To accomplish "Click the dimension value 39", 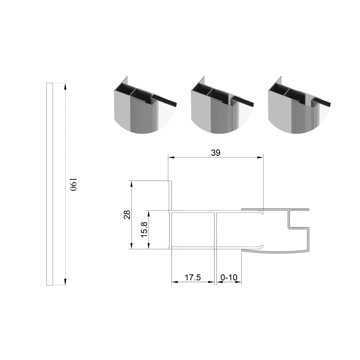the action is [x=216, y=153].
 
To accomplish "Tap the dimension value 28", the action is [x=127, y=215].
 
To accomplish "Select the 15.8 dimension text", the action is [x=144, y=229].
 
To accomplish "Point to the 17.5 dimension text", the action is [x=193, y=277].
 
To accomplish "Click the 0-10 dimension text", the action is [x=229, y=278].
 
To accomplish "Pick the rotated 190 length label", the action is [x=73, y=184].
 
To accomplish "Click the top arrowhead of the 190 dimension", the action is [x=65, y=86].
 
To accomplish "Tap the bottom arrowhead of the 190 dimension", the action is [x=65, y=282].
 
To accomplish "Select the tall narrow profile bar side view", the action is [x=49, y=184].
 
